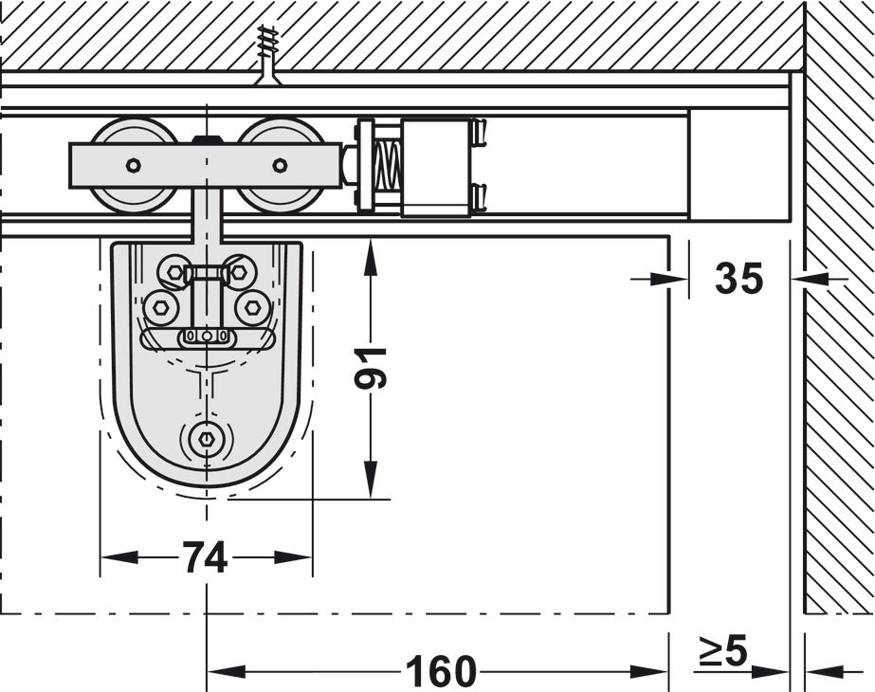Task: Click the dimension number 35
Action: pos(738,279)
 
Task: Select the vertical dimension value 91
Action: pos(373,367)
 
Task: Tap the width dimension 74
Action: pos(205,558)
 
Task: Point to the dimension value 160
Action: pos(440,672)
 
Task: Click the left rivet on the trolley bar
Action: pos(133,165)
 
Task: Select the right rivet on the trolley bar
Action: pos(280,165)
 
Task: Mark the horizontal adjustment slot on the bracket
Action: pos(206,337)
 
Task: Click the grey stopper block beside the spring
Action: pos(435,167)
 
